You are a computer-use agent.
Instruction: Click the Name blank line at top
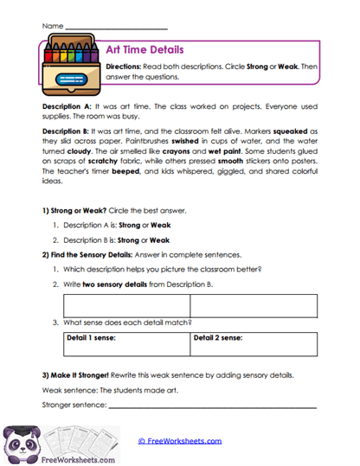pyautogui.click(x=116, y=27)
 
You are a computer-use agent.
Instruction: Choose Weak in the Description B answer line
pyautogui.click(x=159, y=239)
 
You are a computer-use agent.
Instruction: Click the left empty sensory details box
pyautogui.click(x=126, y=305)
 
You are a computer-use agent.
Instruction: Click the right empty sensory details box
pyautogui.click(x=253, y=305)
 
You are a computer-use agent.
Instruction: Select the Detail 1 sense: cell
pyautogui.click(x=126, y=344)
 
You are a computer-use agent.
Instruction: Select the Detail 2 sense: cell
pyautogui.click(x=253, y=344)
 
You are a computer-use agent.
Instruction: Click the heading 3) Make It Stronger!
pyautogui.click(x=82, y=377)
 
